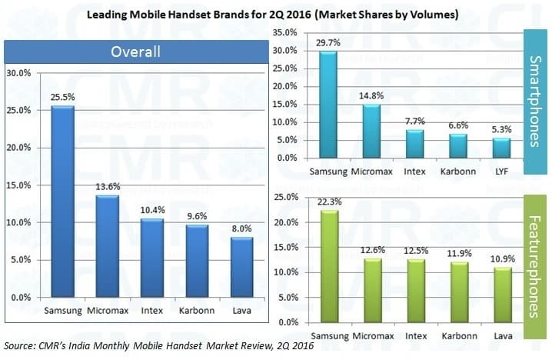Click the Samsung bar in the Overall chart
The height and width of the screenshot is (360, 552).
[x=62, y=202]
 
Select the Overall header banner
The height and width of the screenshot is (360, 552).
[x=136, y=52]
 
